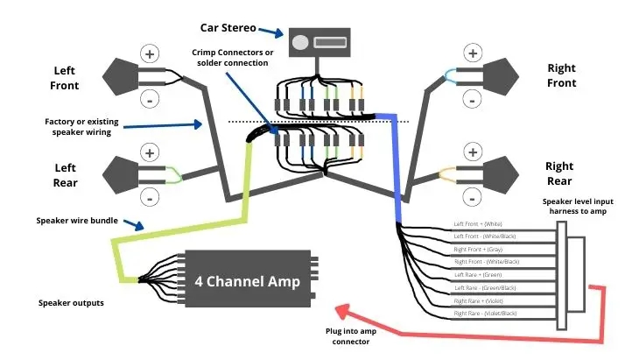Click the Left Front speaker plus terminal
(x=151, y=54)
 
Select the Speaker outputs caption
(x=72, y=303)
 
